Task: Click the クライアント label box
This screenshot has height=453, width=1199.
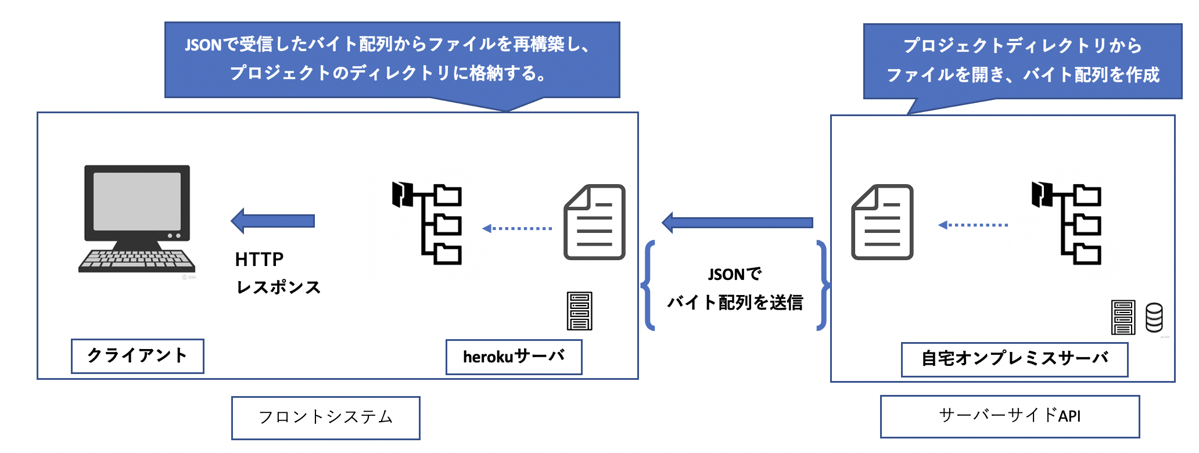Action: tap(137, 355)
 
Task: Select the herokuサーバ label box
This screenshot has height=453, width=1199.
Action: tap(514, 357)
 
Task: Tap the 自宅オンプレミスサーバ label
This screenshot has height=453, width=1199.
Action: tap(1014, 359)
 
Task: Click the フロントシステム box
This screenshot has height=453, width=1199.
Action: tap(325, 418)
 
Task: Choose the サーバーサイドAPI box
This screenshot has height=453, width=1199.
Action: tap(1010, 416)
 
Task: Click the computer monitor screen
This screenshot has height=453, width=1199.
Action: tap(137, 200)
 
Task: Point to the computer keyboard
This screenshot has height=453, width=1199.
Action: tap(137, 260)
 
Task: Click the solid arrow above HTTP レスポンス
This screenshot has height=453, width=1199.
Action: tap(273, 221)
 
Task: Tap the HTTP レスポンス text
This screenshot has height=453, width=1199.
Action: tap(277, 273)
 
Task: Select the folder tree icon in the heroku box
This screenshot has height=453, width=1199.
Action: tap(428, 224)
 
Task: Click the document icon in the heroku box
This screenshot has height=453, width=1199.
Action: tap(594, 222)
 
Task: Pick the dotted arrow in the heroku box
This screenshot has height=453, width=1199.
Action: tap(517, 228)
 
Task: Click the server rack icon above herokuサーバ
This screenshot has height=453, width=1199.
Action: tap(579, 311)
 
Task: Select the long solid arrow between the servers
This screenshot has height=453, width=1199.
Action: tap(737, 222)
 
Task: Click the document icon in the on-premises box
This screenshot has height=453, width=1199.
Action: tap(882, 222)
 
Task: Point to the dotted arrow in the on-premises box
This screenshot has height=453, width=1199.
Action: tap(973, 225)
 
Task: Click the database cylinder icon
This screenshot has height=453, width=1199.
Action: tap(1154, 318)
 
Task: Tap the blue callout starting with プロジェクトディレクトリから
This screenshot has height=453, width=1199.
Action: tap(1022, 60)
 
